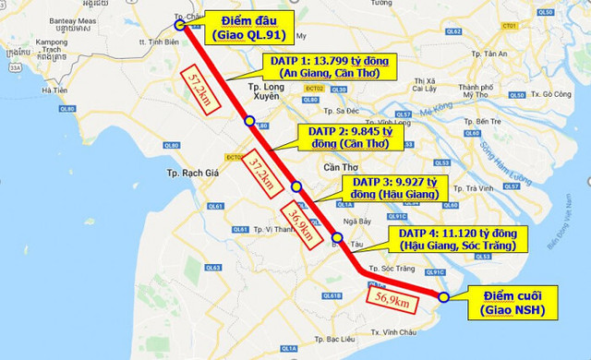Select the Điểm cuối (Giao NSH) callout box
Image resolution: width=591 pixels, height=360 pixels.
pyautogui.click(x=513, y=302)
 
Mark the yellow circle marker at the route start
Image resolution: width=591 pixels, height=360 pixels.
pyautogui.click(x=181, y=27)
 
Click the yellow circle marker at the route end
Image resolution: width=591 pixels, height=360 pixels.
pyautogui.click(x=444, y=297)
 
